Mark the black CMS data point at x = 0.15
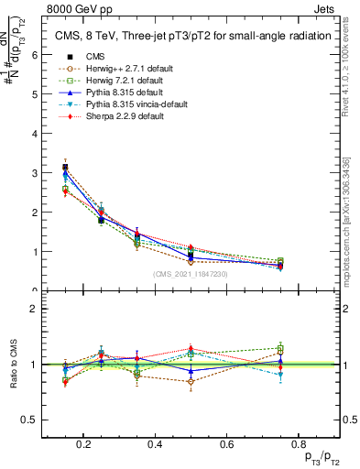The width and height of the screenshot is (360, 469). pos(65,168)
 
